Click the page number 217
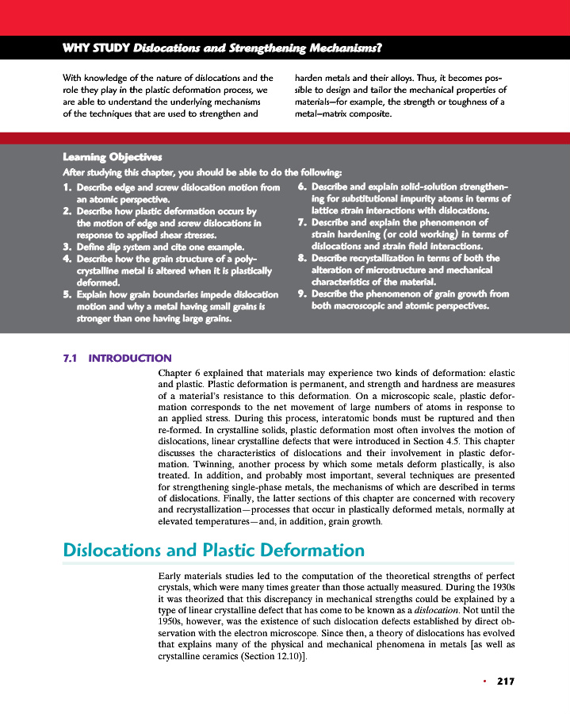click(506, 681)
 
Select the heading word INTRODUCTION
click(130, 358)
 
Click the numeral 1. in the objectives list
click(67, 188)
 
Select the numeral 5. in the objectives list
click(67, 294)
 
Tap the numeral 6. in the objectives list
click(303, 188)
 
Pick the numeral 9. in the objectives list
click(303, 294)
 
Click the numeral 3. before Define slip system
click(67, 247)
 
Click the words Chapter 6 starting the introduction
click(179, 372)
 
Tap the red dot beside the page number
click(483, 681)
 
